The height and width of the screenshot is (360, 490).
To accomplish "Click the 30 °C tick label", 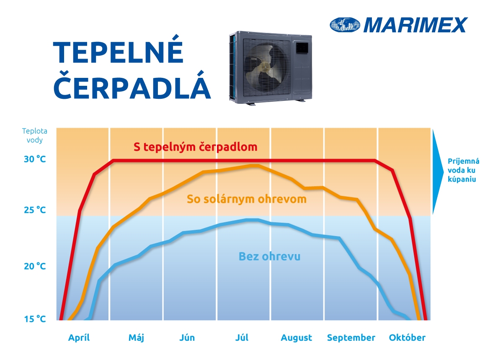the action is (35, 159).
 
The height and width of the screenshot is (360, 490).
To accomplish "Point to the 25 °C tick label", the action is (35, 210).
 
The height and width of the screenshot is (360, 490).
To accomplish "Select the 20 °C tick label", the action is (35, 266).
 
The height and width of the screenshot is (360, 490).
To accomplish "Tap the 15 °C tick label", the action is (35, 319).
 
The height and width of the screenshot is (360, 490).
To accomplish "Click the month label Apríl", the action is (79, 337).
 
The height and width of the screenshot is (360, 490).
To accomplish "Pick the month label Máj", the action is (136, 337).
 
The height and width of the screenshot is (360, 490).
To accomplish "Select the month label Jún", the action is (187, 337).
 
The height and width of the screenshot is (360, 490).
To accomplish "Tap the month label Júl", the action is (242, 337).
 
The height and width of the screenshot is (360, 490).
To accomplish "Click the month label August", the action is (296, 338).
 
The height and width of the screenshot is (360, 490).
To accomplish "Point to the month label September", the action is (351, 338).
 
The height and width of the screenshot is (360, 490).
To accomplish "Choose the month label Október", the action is (407, 337).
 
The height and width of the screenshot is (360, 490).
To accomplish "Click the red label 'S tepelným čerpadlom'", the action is (195, 147).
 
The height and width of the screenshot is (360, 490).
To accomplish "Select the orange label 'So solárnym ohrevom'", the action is (247, 199).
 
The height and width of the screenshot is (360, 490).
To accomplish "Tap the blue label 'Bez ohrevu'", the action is (269, 256).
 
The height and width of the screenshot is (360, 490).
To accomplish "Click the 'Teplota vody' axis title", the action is (34, 135).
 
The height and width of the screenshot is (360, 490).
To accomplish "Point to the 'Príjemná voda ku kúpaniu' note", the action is (463, 170).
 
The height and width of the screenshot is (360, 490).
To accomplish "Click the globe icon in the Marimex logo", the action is (345, 25).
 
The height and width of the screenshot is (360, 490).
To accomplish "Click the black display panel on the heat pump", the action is (302, 48).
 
